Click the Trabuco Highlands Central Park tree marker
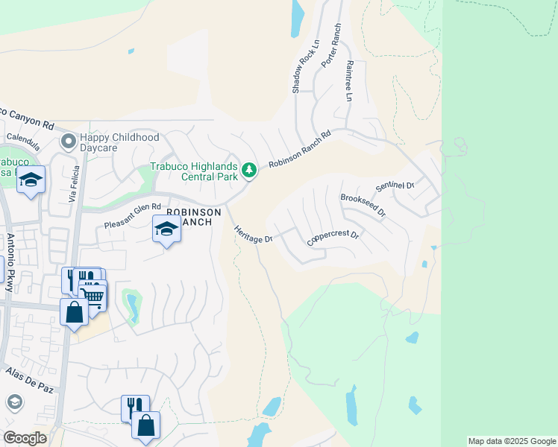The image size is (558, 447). [249, 171]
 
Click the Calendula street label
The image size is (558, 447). [25, 138]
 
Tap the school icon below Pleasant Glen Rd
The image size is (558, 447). [166, 229]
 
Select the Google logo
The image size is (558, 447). [25, 438]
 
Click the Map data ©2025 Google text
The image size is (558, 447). [511, 441]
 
